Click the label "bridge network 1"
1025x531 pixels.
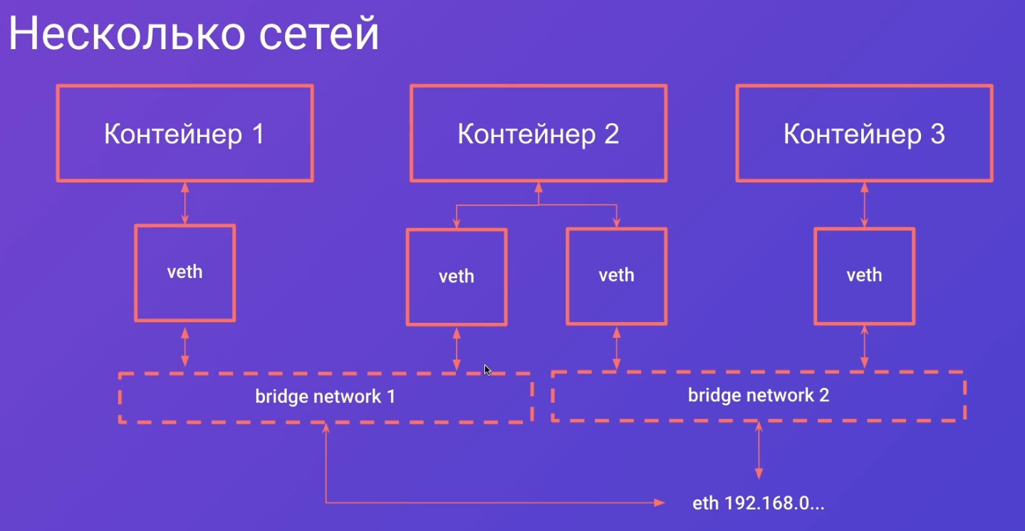[325, 396]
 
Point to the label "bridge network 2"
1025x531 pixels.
[758, 395]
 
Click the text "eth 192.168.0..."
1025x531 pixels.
[758, 503]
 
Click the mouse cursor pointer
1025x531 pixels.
[487, 370]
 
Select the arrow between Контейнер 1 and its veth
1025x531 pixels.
[185, 203]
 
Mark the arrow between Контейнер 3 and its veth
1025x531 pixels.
[865, 205]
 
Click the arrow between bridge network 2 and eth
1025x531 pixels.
[759, 450]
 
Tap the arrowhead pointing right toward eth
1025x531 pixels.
[660, 502]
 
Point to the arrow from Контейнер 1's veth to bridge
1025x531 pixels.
[185, 347]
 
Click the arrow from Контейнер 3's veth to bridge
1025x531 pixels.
[865, 347]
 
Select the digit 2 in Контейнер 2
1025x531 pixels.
[611, 134]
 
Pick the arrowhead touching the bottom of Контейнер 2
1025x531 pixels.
[538, 187]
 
